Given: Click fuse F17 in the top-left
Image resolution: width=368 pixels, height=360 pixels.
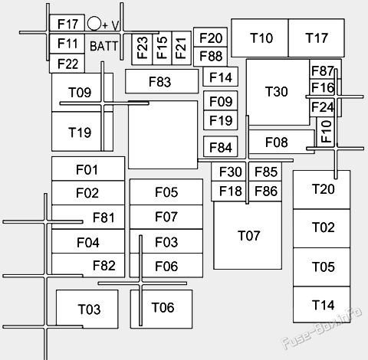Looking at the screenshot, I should click(67, 25).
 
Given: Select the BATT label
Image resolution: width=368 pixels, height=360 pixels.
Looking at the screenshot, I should click(104, 46).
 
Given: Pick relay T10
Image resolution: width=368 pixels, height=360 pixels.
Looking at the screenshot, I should click(260, 38).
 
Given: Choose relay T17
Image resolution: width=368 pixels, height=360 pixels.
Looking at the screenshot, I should click(317, 38).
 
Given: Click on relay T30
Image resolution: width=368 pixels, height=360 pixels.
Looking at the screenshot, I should click(277, 92).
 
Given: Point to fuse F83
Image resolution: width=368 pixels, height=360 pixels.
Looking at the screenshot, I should click(160, 81).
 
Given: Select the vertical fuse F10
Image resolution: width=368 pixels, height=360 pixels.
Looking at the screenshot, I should click(326, 132).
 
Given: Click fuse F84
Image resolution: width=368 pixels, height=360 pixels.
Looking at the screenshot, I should click(220, 147).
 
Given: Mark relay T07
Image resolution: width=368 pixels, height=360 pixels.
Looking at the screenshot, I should click(249, 235).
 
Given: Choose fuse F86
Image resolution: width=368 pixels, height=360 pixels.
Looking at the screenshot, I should click(265, 191).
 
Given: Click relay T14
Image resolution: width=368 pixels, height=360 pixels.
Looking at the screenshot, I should click(323, 305).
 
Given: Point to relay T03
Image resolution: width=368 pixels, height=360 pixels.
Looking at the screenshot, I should click(88, 309).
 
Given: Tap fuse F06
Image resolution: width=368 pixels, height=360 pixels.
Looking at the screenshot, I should click(166, 267).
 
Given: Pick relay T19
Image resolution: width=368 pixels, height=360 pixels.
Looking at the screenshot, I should click(79, 132).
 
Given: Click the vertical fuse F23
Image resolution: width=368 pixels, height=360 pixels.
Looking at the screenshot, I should click(143, 49).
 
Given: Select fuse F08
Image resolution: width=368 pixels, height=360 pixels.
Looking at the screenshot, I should click(278, 142).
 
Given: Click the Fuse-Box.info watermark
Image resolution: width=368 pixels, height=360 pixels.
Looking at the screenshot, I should click(322, 342).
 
